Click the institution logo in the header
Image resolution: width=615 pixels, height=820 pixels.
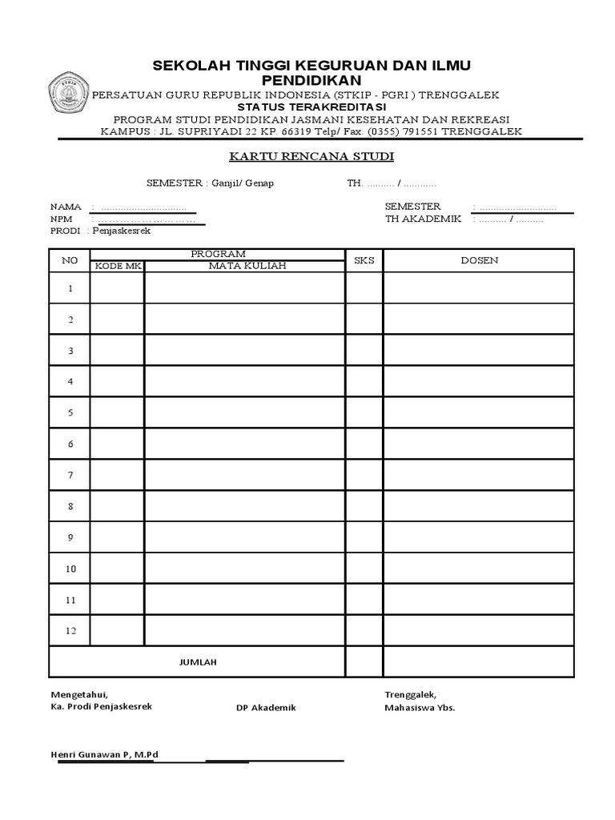tap(70, 94)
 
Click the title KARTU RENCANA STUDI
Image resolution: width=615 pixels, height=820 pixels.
tap(307, 156)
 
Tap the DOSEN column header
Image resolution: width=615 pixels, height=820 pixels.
tap(479, 260)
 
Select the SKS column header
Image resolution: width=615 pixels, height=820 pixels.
tap(364, 260)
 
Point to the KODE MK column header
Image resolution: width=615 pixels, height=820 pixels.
tap(117, 267)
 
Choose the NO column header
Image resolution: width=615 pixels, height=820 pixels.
tap(70, 260)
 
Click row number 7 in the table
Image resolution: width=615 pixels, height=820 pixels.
tap(70, 475)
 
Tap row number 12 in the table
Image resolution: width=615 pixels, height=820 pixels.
tap(70, 631)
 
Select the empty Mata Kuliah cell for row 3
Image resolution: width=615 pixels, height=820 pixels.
tap(244, 351)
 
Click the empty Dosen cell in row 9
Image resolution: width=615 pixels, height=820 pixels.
tap(479, 537)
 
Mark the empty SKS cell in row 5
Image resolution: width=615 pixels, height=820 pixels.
tap(364, 412)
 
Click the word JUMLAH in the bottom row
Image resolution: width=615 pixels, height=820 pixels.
tap(197, 662)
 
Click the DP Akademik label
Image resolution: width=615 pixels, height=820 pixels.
tap(266, 708)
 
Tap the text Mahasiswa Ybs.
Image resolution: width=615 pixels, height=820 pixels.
tap(420, 708)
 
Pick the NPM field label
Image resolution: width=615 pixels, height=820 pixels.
tap(62, 219)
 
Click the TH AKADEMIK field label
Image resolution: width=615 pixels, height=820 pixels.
tap(423, 219)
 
